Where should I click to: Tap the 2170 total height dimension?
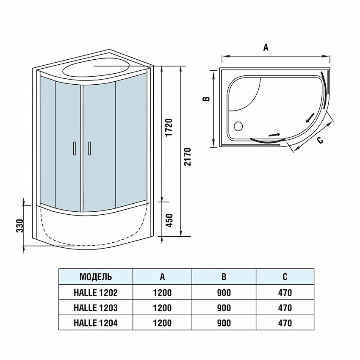(x=188, y=157)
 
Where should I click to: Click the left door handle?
(x=74, y=148)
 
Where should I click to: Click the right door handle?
(x=89, y=148)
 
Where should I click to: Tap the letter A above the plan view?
(x=266, y=47)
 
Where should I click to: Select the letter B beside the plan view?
(x=206, y=99)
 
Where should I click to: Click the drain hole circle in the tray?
(x=238, y=126)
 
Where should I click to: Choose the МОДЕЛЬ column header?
(x=96, y=277)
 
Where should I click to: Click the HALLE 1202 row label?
(x=96, y=292)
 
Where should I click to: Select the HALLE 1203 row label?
(x=96, y=307)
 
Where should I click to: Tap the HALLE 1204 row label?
(x=96, y=323)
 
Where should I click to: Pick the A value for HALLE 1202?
(x=162, y=292)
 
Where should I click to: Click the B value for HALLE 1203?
(x=224, y=307)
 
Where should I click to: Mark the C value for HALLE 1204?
(x=285, y=323)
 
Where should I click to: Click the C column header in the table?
(x=285, y=277)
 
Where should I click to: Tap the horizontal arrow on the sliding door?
(x=274, y=135)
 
